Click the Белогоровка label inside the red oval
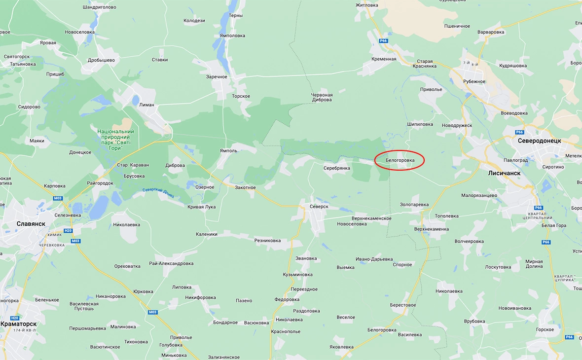pyautogui.click(x=400, y=160)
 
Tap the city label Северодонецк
pyautogui.click(x=539, y=141)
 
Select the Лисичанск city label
pyautogui.click(x=504, y=173)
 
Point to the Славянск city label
pyautogui.click(x=31, y=223)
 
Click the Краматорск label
pyautogui.click(x=19, y=324)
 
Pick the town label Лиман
pyautogui.click(x=146, y=105)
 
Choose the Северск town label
pyautogui.click(x=319, y=207)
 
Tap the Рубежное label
pyautogui.click(x=474, y=82)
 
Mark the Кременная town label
pyautogui.click(x=384, y=59)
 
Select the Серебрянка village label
pyautogui.click(x=336, y=168)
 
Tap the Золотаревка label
pyautogui.click(x=414, y=204)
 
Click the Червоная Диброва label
pyautogui.click(x=322, y=97)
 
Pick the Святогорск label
pyautogui.click(x=17, y=57)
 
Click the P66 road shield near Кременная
pyautogui.click(x=384, y=41)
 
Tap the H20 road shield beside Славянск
pyautogui.click(x=68, y=231)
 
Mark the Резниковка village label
pyautogui.click(x=267, y=241)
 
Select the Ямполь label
pyautogui.click(x=229, y=151)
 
